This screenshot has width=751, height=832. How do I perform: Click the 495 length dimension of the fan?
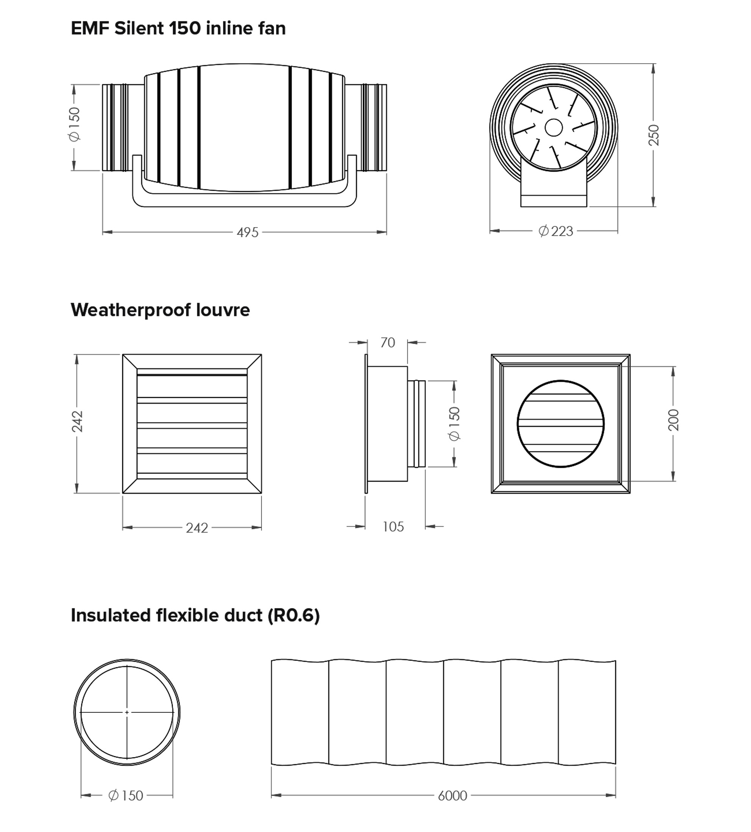click(x=248, y=232)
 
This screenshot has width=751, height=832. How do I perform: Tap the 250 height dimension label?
click(x=654, y=135)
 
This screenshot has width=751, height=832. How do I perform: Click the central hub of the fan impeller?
click(x=554, y=128)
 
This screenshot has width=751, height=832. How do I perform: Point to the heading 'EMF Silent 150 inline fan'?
click(x=178, y=28)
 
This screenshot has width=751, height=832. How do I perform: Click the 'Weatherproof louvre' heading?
click(x=160, y=310)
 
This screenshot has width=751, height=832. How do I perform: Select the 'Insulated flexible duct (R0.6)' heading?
click(x=195, y=615)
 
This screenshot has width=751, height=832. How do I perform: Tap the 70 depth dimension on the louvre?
click(x=388, y=343)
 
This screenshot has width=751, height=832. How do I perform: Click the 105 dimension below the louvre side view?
click(x=393, y=527)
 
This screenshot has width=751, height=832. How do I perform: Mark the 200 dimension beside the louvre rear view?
click(x=673, y=420)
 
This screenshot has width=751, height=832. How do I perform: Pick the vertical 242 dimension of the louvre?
click(x=77, y=421)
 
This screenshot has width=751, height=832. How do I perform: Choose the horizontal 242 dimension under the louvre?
click(x=197, y=528)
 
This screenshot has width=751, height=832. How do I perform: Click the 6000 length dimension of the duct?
click(x=452, y=796)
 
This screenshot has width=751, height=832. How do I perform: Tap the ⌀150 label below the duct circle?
click(x=125, y=795)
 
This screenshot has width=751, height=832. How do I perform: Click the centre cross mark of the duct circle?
click(x=127, y=712)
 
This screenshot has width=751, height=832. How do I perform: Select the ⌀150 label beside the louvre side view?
click(x=454, y=424)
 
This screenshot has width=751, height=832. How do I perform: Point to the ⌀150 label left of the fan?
click(x=75, y=124)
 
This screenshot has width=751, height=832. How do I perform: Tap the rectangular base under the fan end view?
click(x=554, y=201)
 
